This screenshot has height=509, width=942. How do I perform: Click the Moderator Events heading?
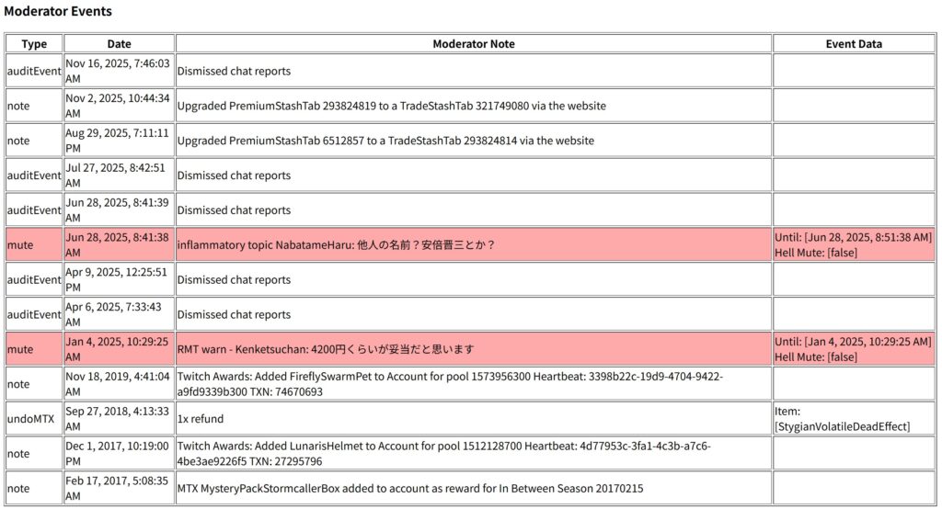tap(58, 12)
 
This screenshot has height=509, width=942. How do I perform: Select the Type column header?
tap(34, 44)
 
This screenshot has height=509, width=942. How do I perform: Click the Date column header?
tap(119, 44)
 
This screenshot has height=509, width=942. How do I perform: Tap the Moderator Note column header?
tap(474, 44)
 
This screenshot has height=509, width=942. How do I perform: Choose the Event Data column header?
tap(853, 44)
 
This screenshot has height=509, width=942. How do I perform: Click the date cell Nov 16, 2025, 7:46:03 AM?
tap(119, 71)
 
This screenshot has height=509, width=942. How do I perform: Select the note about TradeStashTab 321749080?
tap(391, 106)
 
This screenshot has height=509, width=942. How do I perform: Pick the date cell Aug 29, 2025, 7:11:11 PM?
tap(119, 141)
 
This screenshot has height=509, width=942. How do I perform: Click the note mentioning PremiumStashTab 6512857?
tap(385, 141)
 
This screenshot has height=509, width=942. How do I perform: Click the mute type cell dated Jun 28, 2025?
tap(20, 245)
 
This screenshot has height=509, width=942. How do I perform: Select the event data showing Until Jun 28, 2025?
tap(853, 245)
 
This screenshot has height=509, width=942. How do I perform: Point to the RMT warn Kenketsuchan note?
tap(325, 349)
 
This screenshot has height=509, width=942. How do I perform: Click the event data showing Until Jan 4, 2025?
tap(853, 349)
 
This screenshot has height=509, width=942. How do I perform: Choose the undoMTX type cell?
tap(31, 419)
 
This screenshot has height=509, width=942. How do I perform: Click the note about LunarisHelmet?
tap(442, 454)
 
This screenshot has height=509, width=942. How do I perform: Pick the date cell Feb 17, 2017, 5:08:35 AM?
tap(119, 489)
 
